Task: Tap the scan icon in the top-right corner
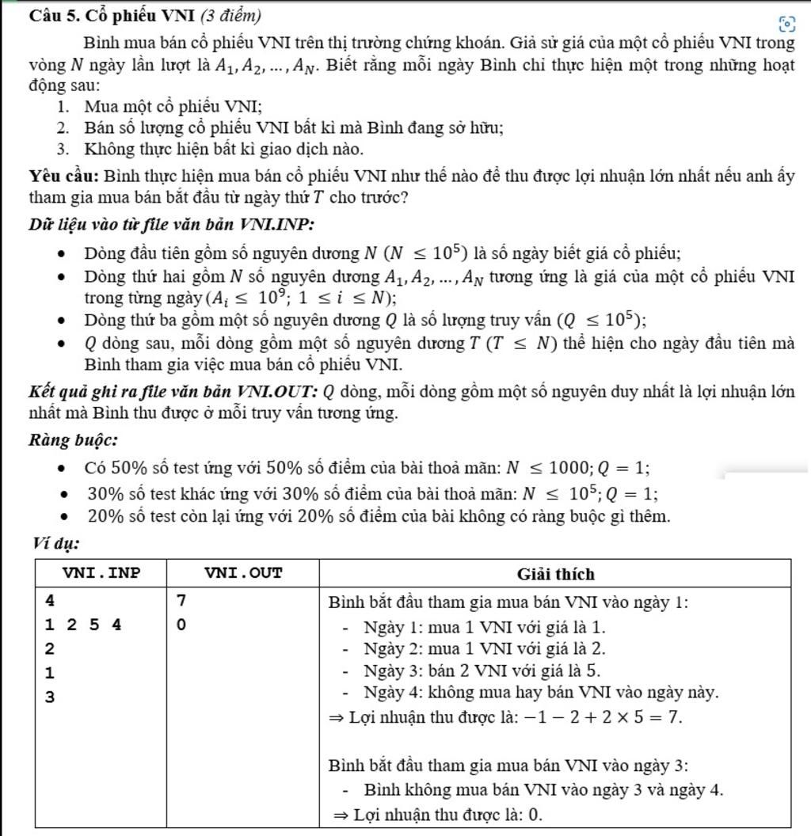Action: [x=786, y=23]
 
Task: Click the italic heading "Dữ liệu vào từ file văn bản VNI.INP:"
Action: [x=171, y=224]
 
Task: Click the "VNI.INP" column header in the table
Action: [x=101, y=573]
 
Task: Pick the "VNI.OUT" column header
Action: [x=243, y=573]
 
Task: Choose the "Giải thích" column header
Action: [x=555, y=574]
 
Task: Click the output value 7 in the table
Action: [x=181, y=602]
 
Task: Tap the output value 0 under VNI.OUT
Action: [x=181, y=625]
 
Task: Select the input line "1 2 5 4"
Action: [x=83, y=625]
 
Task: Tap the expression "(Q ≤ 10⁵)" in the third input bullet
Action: [x=601, y=320]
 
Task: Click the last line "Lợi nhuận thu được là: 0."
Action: [x=447, y=814]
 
